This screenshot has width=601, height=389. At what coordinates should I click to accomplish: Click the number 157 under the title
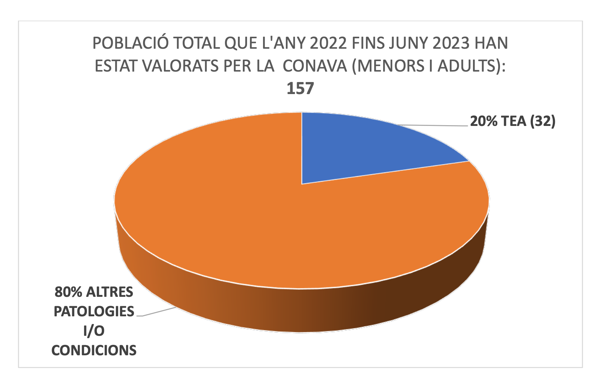[300, 88]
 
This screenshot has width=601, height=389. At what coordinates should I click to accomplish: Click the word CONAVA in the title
[315, 66]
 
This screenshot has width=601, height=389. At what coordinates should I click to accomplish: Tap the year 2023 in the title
[451, 43]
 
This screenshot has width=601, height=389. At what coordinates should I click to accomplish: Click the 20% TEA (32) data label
[513, 121]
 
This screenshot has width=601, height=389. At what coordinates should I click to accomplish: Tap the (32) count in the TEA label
[543, 121]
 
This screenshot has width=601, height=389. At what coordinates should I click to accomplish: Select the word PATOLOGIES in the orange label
[94, 311]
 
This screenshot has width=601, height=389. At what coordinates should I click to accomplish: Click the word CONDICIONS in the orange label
[94, 350]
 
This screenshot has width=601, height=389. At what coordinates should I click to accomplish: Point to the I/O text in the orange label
[94, 331]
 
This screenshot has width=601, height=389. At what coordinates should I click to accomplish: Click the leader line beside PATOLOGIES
[157, 312]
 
